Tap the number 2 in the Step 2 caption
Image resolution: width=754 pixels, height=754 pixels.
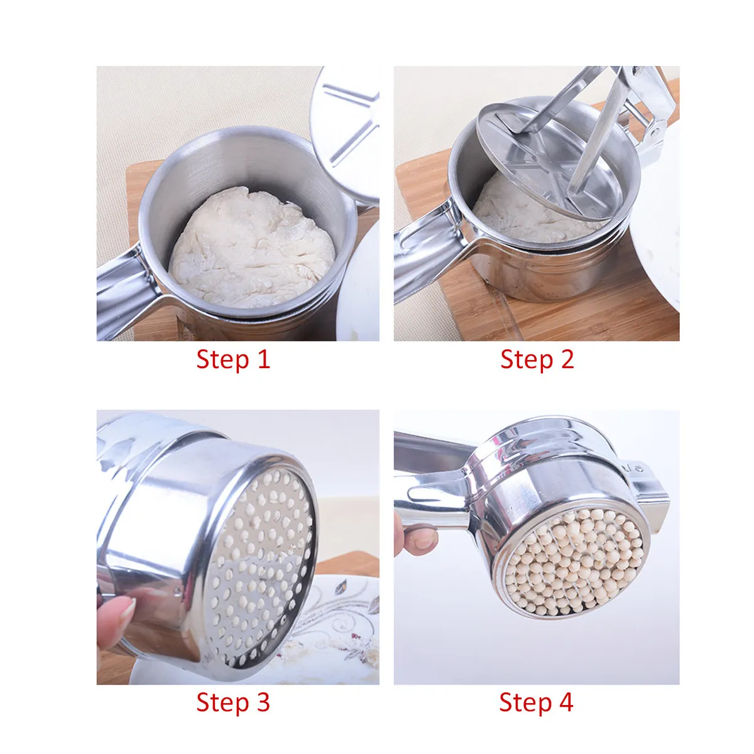567,359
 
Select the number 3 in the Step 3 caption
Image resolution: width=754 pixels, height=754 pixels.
262,702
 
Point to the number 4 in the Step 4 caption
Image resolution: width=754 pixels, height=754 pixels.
565,702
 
